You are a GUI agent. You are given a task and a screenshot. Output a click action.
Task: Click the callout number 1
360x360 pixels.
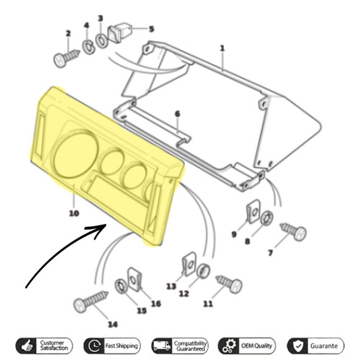point(222,48)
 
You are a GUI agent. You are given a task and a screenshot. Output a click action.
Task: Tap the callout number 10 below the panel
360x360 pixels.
point(74,213)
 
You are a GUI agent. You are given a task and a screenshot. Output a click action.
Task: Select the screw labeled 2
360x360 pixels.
point(66,58)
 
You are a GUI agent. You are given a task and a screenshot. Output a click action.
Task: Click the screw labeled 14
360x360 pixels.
point(91,300)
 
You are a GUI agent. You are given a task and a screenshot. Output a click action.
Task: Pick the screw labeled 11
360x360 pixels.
point(229,283)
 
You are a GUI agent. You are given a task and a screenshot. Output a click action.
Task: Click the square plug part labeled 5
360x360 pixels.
point(120,33)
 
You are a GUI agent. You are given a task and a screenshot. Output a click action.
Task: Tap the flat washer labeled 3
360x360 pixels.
point(102,40)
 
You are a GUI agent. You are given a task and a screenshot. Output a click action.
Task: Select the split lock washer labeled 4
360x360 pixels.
point(89,48)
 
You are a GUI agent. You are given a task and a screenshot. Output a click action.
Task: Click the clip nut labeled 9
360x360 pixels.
point(253,211)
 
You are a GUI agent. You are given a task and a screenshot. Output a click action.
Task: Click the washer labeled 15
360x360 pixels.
point(121,287)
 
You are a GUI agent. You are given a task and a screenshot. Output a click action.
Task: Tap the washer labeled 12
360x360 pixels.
point(204,271)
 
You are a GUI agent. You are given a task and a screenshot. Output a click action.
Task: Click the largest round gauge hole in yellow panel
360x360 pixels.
point(76,155)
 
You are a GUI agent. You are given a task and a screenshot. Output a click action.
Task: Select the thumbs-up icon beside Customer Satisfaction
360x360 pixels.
point(27,346)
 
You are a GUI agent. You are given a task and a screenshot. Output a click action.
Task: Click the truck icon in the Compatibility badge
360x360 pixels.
point(162,346)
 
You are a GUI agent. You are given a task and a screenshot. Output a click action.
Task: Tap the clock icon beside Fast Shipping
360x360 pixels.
point(94,346)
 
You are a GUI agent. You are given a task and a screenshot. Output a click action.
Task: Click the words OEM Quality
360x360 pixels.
point(256,346)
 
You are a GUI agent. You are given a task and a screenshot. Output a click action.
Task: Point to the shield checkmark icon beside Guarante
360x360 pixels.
point(297,346)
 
